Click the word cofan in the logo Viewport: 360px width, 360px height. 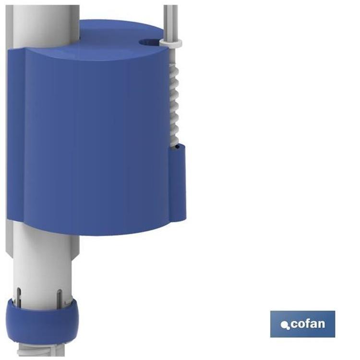[x=308, y=324]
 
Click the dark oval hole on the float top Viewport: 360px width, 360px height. [x=149, y=42]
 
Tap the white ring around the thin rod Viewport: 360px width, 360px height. [x=171, y=42]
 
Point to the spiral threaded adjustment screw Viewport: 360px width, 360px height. [x=174, y=105]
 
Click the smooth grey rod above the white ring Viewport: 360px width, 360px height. [x=170, y=22]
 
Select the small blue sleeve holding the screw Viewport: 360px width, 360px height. [x=177, y=182]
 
